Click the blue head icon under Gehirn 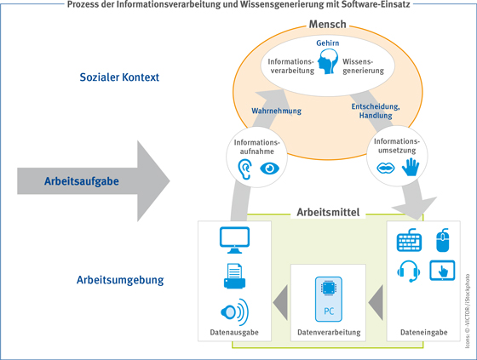tap(328, 62)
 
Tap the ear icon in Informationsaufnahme tap(245, 169)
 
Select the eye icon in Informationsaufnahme tap(269, 169)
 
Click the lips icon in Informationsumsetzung tap(386, 168)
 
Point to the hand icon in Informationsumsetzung tap(411, 167)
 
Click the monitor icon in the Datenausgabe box tap(234, 240)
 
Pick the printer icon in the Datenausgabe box tap(234, 276)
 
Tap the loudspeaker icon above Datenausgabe tap(234, 312)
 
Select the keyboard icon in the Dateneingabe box tap(409, 240)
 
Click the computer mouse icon tap(443, 240)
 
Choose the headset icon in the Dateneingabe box tap(409, 271)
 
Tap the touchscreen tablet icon tap(442, 271)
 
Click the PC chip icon tap(329, 300)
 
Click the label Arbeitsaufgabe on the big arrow tap(82, 181)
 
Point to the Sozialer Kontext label tap(119, 77)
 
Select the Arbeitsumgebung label tap(120, 280)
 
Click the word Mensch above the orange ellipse tap(328, 25)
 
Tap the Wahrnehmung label tap(276, 111)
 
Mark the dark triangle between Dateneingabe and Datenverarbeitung tap(376, 303)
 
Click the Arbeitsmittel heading tap(328, 212)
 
